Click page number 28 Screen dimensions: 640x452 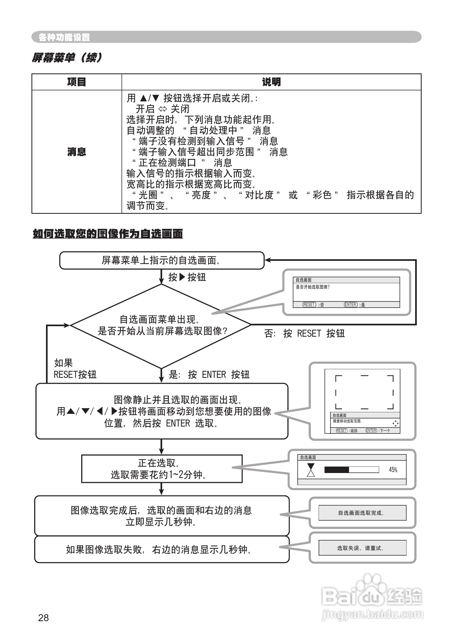point(43,618)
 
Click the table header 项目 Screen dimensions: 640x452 point(76,82)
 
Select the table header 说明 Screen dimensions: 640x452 point(271,82)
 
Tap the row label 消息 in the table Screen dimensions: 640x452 point(76,152)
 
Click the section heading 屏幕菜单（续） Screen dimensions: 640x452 point(67,58)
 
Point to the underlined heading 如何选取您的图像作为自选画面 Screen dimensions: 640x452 point(108,234)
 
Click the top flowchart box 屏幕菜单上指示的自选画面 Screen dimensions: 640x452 point(162,260)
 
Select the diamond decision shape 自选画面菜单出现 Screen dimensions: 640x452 point(161,325)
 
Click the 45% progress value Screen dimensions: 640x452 point(393,470)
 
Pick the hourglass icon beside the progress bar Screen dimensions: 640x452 point(311,470)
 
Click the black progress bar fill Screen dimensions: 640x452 point(336,470)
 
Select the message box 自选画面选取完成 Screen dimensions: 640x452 point(362,513)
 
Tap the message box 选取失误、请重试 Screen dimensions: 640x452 point(362,548)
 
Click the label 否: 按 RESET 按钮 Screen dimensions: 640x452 point(304,333)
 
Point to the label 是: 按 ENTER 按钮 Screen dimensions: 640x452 point(209,375)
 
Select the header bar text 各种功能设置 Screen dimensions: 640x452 point(64,37)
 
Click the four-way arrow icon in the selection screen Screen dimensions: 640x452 point(396,424)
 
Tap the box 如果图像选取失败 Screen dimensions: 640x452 point(162,549)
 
